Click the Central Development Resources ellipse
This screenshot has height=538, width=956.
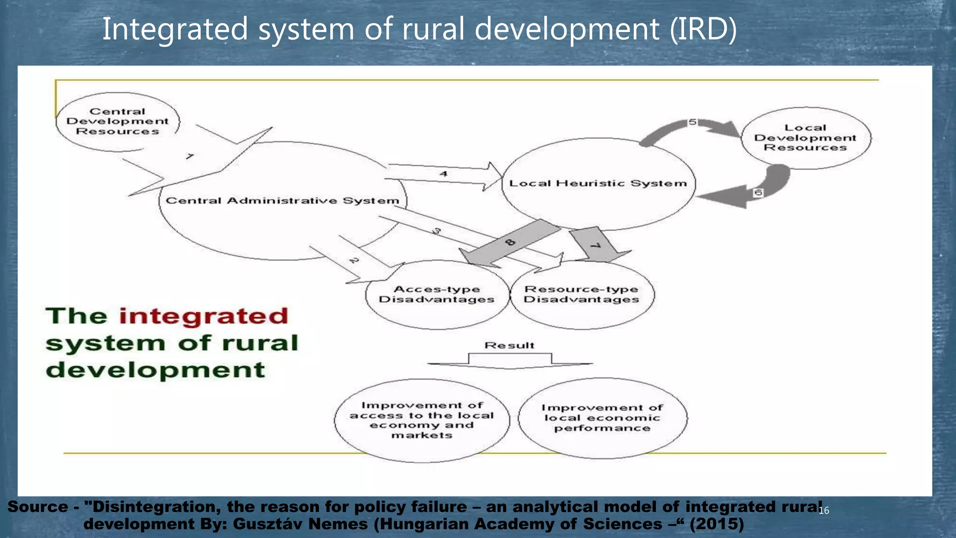[x=117, y=122]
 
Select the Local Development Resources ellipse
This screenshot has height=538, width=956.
[x=805, y=138]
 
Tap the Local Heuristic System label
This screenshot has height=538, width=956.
[x=598, y=184]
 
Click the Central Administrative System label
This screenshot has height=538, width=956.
[x=282, y=201]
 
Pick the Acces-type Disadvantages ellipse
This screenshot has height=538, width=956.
[x=436, y=295]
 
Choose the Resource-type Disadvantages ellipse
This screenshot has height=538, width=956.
[x=582, y=295]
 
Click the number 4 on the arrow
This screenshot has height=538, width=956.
[x=443, y=174]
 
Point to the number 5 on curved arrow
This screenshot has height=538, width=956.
[x=693, y=122]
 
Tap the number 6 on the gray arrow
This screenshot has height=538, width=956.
[x=758, y=192]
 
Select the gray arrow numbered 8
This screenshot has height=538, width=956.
[x=510, y=243]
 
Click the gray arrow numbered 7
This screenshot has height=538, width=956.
[x=595, y=245]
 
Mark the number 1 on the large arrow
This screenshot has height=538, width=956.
[x=190, y=156]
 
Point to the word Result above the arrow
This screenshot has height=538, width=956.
[x=509, y=346]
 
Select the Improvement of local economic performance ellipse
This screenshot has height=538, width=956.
[x=602, y=418]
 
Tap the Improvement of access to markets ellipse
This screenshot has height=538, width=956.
[x=422, y=420]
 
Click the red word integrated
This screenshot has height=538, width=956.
[x=204, y=316]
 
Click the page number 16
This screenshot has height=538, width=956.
[x=824, y=510]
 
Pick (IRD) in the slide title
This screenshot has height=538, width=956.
[x=703, y=29]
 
